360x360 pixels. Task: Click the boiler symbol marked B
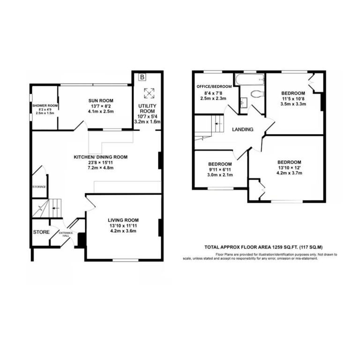[142, 77]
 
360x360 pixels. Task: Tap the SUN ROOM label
[101, 101]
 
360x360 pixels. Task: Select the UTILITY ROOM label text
[147, 108]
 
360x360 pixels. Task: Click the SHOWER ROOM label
[45, 105]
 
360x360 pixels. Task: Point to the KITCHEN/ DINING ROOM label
[101, 157]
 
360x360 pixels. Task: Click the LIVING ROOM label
[123, 220]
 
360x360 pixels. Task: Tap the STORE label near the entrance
[41, 232]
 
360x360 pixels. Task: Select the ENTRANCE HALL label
[66, 234]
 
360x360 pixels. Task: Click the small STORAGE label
[39, 187]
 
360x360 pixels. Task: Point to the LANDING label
[243, 129]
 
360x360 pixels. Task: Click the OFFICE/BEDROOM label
[214, 87]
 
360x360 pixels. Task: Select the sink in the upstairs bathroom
[243, 103]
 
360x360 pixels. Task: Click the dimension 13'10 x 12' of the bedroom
[289, 168]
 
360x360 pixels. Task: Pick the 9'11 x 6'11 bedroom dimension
[220, 170]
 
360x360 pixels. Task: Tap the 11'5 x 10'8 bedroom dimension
[293, 99]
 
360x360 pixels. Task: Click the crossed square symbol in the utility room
[149, 93]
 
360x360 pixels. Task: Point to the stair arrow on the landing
[218, 124]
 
